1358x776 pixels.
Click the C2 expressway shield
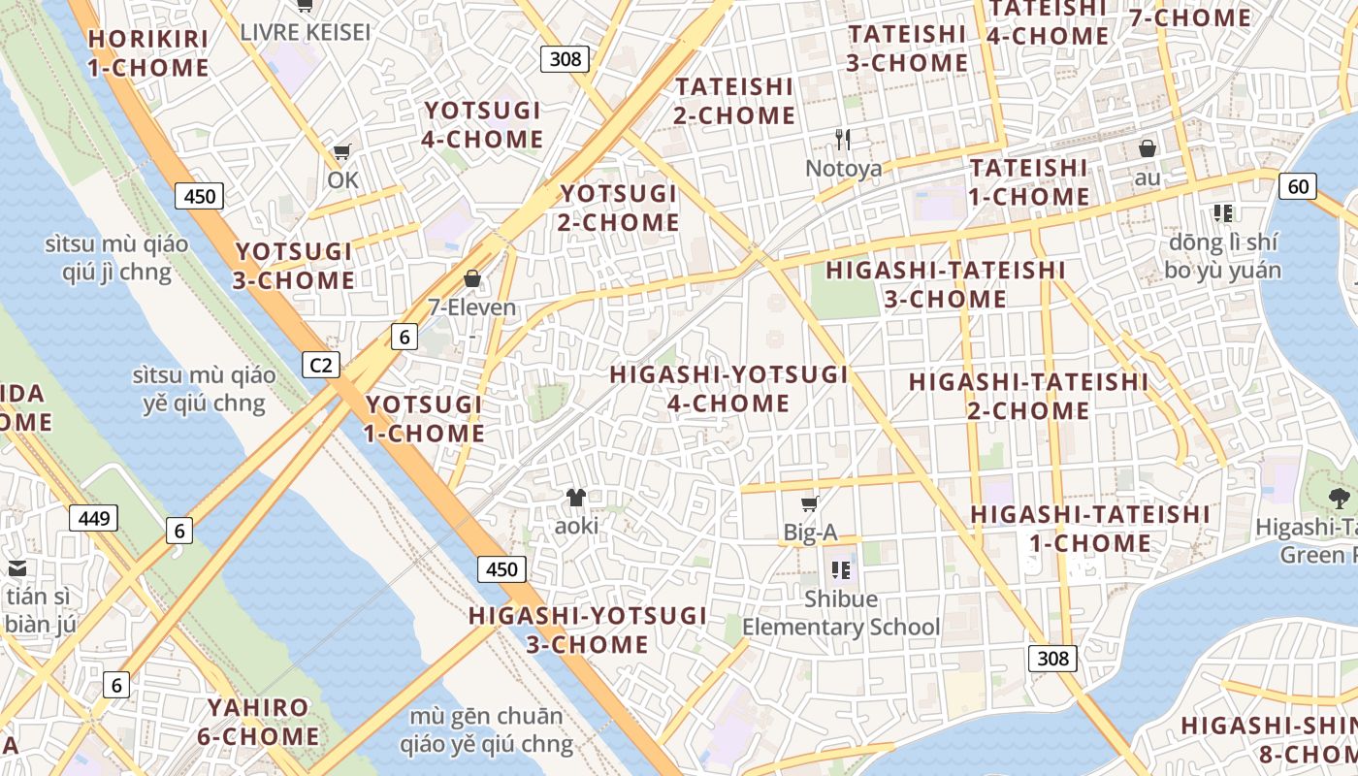click(321, 365)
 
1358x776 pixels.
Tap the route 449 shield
click(94, 518)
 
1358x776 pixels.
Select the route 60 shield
click(1298, 186)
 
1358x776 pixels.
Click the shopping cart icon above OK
click(341, 152)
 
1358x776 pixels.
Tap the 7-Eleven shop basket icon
click(472, 279)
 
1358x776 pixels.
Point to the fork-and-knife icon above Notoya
click(843, 140)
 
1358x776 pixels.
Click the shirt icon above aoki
click(576, 498)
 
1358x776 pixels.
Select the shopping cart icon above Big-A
click(810, 503)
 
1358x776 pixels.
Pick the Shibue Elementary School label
click(841, 613)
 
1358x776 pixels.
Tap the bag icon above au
click(1148, 148)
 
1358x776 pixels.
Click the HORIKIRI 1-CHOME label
click(148, 53)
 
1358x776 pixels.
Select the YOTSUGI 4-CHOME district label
click(483, 124)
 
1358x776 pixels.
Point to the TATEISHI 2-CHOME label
click(735, 101)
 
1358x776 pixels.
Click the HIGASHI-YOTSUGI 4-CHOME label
click(728, 388)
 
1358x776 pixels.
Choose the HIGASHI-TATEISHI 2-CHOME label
click(1028, 396)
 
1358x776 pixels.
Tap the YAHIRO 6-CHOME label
click(258, 722)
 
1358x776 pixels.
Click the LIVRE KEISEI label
click(306, 32)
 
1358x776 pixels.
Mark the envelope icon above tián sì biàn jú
click(17, 568)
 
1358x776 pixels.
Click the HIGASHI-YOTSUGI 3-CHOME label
click(588, 630)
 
